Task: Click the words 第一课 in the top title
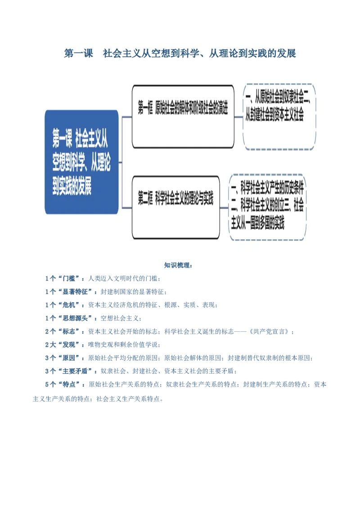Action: [x=79, y=54]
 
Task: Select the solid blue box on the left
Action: [x=81, y=162]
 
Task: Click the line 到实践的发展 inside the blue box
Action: [x=72, y=188]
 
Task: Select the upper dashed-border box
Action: [x=279, y=116]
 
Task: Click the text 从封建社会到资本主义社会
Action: [x=274, y=116]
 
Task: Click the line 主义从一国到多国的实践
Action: [x=258, y=223]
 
